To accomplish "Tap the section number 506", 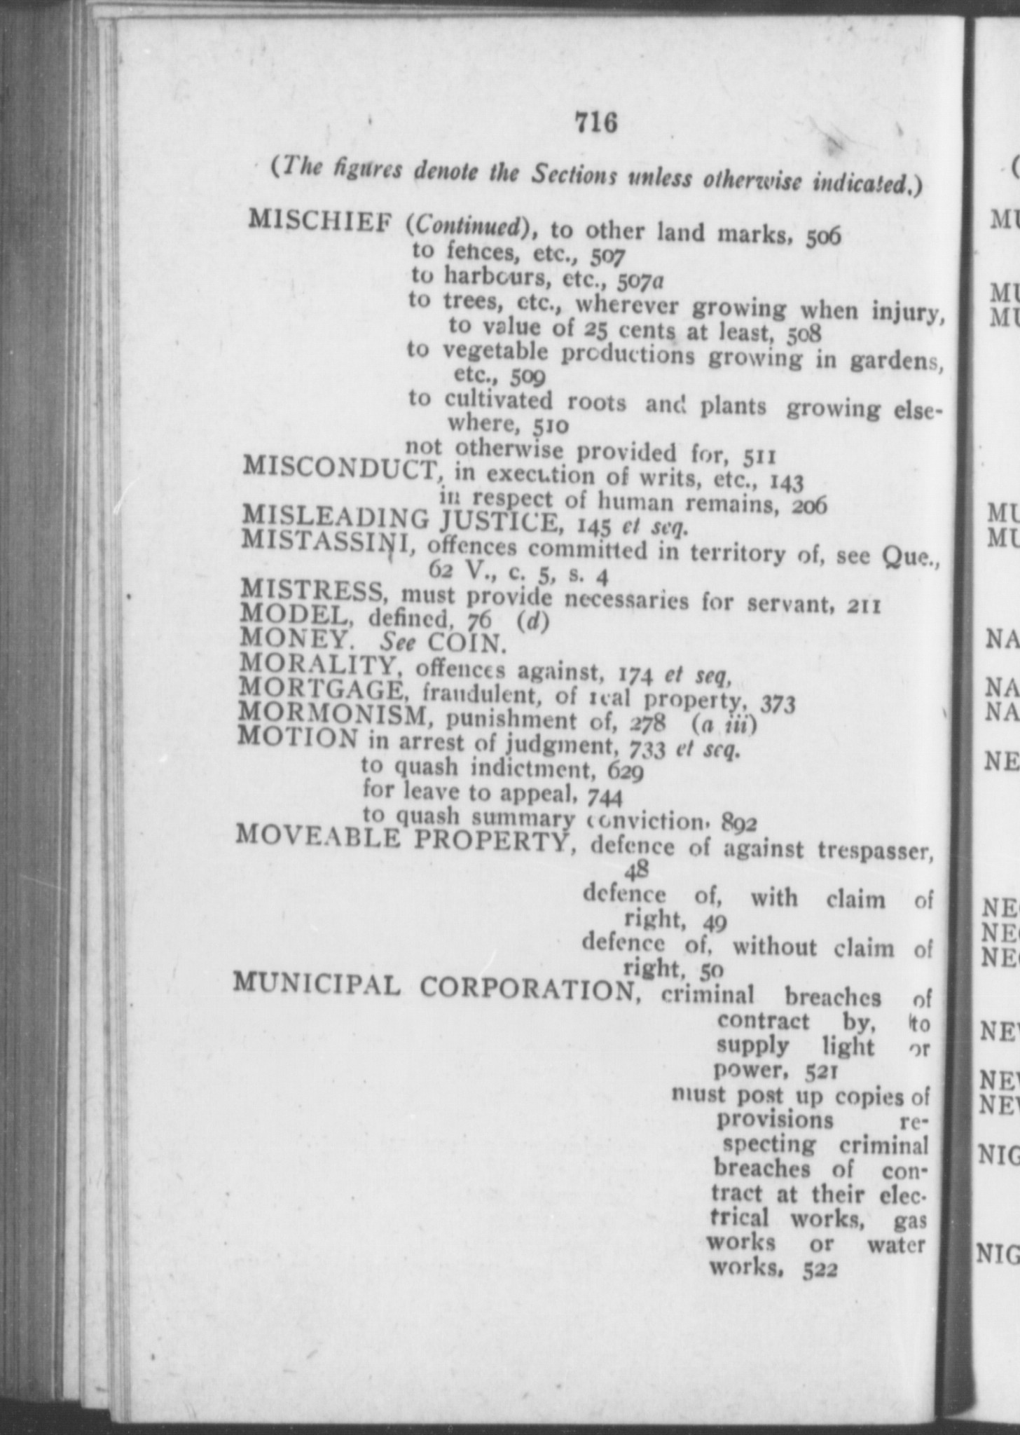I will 822,238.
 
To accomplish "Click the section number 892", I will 740,823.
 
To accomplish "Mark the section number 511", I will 759,457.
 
